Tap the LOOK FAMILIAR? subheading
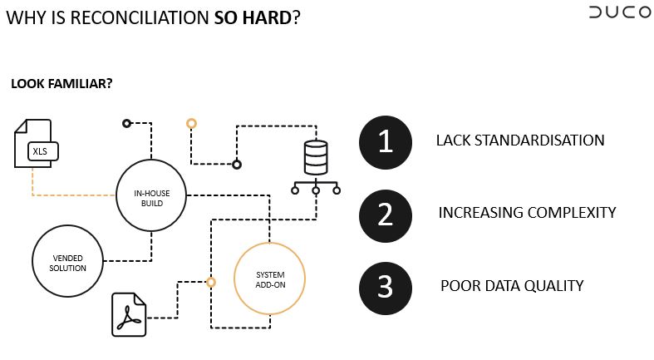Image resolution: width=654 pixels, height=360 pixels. pos(61,84)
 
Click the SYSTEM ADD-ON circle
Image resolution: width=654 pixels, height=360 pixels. pos(269,280)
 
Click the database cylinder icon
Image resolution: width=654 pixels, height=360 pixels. pos(316,156)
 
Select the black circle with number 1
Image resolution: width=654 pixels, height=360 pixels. pos(385,141)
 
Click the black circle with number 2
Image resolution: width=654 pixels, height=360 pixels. pos(385,214)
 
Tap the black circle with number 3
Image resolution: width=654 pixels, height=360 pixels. pos(385,286)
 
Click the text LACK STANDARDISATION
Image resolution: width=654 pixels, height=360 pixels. pos(520,141)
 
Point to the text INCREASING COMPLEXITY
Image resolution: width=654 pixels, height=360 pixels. pos(527,213)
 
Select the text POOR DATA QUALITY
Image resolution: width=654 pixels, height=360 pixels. pos(512,286)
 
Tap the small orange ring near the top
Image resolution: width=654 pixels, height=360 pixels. pos(191,124)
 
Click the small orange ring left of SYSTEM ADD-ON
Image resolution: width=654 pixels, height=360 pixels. pos(211,282)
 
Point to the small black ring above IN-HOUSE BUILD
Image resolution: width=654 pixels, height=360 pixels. pos(126,123)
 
